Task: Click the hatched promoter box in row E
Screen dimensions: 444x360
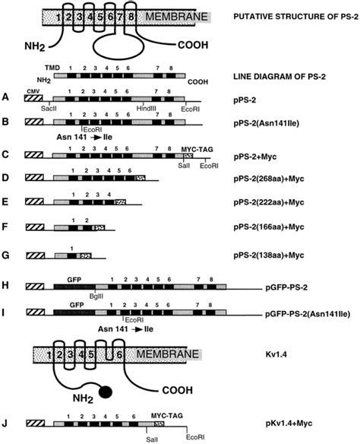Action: pos(36,205)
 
